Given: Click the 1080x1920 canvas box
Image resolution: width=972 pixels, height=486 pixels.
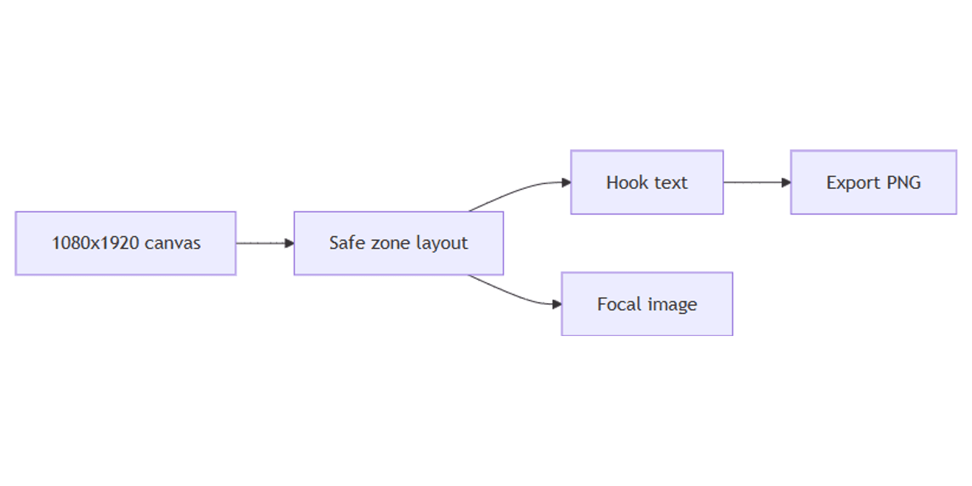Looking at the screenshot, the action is (126, 244).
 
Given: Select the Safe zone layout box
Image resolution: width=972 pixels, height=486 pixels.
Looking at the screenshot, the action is (399, 244).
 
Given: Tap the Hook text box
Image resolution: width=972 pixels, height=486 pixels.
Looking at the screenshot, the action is (647, 182).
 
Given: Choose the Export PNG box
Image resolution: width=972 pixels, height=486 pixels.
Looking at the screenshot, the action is (874, 182).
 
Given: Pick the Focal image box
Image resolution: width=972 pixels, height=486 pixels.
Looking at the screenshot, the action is (647, 304).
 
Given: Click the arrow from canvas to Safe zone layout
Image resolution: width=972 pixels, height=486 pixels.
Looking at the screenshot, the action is (265, 244).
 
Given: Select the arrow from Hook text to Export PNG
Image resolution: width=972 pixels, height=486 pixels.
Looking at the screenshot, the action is (757, 182).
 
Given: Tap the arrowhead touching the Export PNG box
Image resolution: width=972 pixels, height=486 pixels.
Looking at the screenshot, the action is (786, 182).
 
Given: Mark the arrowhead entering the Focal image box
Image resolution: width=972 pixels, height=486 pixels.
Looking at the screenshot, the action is (556, 304).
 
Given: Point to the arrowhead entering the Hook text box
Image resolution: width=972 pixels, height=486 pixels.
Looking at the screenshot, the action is (566, 182).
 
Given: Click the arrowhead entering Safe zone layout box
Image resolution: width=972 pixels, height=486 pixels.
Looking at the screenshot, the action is (289, 244).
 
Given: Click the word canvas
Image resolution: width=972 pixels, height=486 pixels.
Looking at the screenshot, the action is (173, 244).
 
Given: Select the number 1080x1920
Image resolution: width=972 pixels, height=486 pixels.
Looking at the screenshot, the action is (97, 243).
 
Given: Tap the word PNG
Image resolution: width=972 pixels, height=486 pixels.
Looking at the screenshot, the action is (903, 182).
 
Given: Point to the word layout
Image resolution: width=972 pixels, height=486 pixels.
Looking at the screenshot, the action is (442, 244).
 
